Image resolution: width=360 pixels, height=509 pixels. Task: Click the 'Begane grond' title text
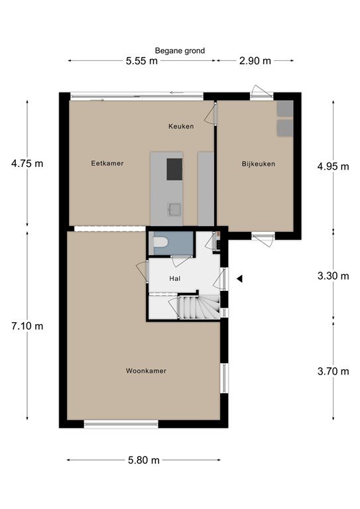click(x=180, y=50)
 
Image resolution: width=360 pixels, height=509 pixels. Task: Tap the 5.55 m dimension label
click(x=141, y=61)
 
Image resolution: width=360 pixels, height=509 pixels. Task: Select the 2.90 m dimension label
click(x=255, y=61)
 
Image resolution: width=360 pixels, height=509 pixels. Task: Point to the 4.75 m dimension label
click(x=27, y=163)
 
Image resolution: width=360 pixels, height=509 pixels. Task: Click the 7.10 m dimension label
click(x=27, y=326)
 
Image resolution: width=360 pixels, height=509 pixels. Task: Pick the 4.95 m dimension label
click(x=333, y=166)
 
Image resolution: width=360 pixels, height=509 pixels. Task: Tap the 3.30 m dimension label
click(x=333, y=276)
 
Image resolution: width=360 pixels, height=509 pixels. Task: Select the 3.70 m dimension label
click(x=333, y=371)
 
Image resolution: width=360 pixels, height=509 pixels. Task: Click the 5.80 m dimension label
click(x=144, y=460)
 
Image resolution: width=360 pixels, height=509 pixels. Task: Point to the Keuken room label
click(x=181, y=127)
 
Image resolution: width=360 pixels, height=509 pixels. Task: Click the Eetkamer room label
click(x=107, y=163)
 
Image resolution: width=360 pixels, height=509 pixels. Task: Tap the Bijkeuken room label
click(x=259, y=164)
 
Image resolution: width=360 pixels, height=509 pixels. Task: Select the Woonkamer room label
click(x=146, y=370)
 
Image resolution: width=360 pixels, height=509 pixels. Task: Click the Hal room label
click(x=175, y=278)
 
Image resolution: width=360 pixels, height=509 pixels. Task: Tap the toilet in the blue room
click(x=160, y=242)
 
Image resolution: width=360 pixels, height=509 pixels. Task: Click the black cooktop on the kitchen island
click(x=174, y=169)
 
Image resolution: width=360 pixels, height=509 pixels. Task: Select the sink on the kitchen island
click(x=174, y=209)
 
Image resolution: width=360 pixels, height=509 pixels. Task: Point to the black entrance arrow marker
click(x=239, y=278)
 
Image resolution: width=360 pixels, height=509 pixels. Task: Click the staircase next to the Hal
click(x=199, y=307)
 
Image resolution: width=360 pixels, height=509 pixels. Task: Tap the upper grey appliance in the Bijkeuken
click(x=285, y=109)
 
